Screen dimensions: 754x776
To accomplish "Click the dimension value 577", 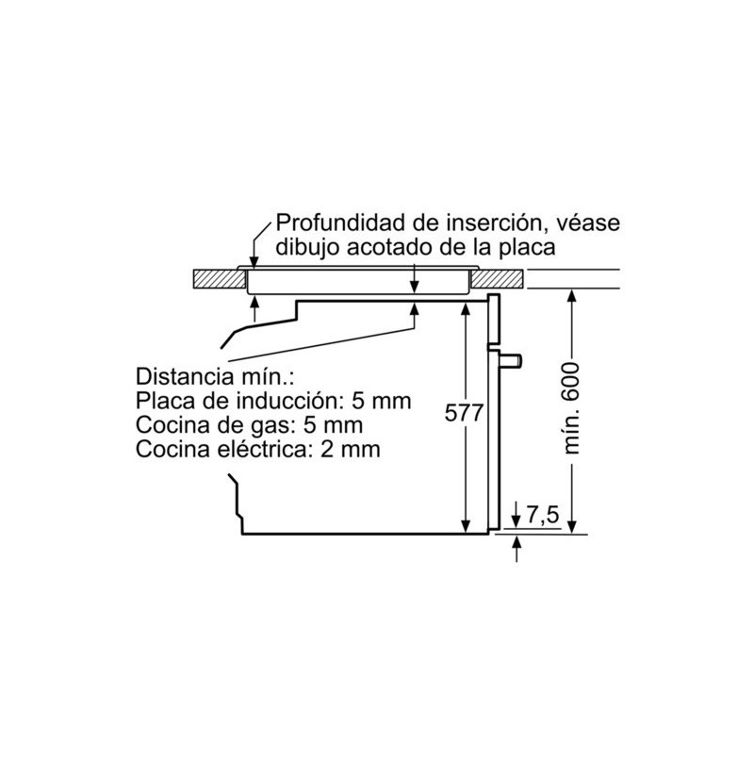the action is (x=463, y=413).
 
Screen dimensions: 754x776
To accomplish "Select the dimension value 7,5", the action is (x=542, y=515).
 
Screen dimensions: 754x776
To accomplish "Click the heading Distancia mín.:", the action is (x=215, y=376).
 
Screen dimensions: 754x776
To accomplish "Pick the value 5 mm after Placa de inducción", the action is (x=382, y=401).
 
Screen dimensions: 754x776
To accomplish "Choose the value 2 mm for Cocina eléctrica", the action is (x=351, y=450).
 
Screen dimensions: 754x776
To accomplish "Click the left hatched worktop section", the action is (x=220, y=279).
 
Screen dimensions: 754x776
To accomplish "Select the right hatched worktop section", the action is (x=497, y=279).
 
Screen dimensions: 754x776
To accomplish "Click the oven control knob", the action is (x=510, y=360).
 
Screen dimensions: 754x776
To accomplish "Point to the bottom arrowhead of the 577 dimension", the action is (x=466, y=527).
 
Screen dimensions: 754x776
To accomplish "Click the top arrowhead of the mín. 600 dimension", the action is (x=572, y=295).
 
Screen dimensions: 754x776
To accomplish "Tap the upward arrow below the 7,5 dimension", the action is (x=517, y=549).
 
